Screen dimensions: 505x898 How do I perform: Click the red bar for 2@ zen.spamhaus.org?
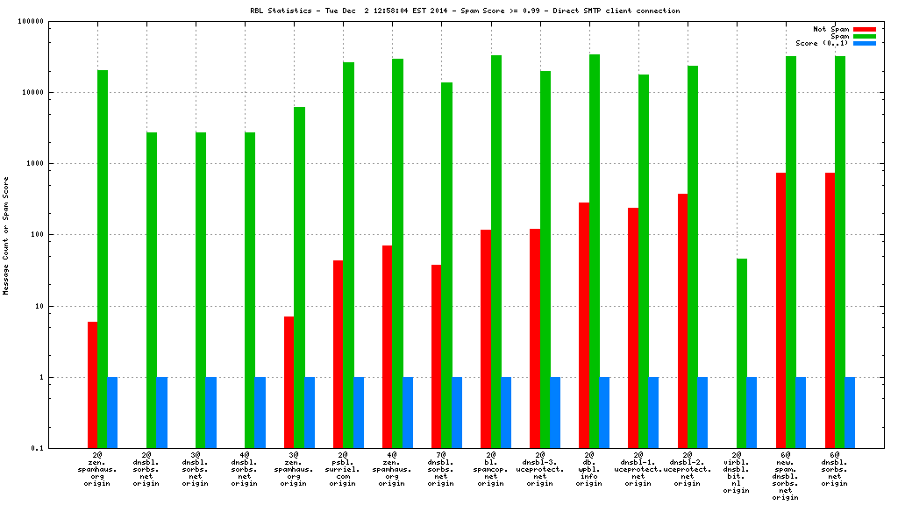[92, 385]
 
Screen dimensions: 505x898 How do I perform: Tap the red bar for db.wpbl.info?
[584, 325]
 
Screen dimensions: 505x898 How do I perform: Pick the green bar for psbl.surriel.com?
[348, 255]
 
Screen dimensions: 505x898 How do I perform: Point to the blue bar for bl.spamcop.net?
[506, 413]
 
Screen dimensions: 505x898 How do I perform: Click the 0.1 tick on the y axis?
[36, 449]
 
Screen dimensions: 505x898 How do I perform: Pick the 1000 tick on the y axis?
[32, 164]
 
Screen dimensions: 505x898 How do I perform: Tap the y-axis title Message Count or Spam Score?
[6, 235]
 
